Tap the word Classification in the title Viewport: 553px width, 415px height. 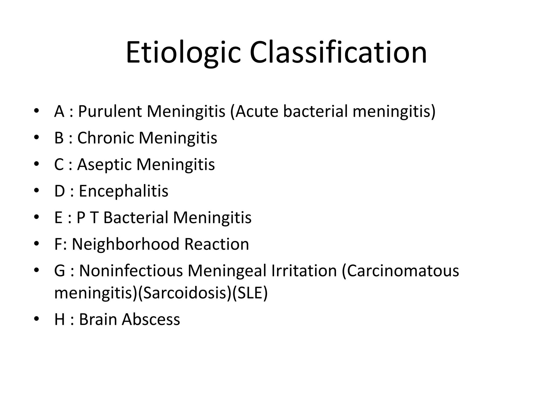pos(338,53)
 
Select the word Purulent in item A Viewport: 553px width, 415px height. pos(110,111)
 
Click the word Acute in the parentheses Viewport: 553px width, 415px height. pos(257,111)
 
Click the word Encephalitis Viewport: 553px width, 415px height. pos(123,191)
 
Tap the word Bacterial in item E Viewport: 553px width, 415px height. pos(136,217)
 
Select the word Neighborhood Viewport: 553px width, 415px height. pos(126,244)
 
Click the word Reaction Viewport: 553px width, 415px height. pos(217,244)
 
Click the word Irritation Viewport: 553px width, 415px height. pos(304,271)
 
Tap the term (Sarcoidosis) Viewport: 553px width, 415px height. pos(185,293)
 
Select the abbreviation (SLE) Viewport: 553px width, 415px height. pos(250,293)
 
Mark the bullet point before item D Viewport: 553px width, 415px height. pos(36,191)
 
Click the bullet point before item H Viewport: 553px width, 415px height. pos(36,319)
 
